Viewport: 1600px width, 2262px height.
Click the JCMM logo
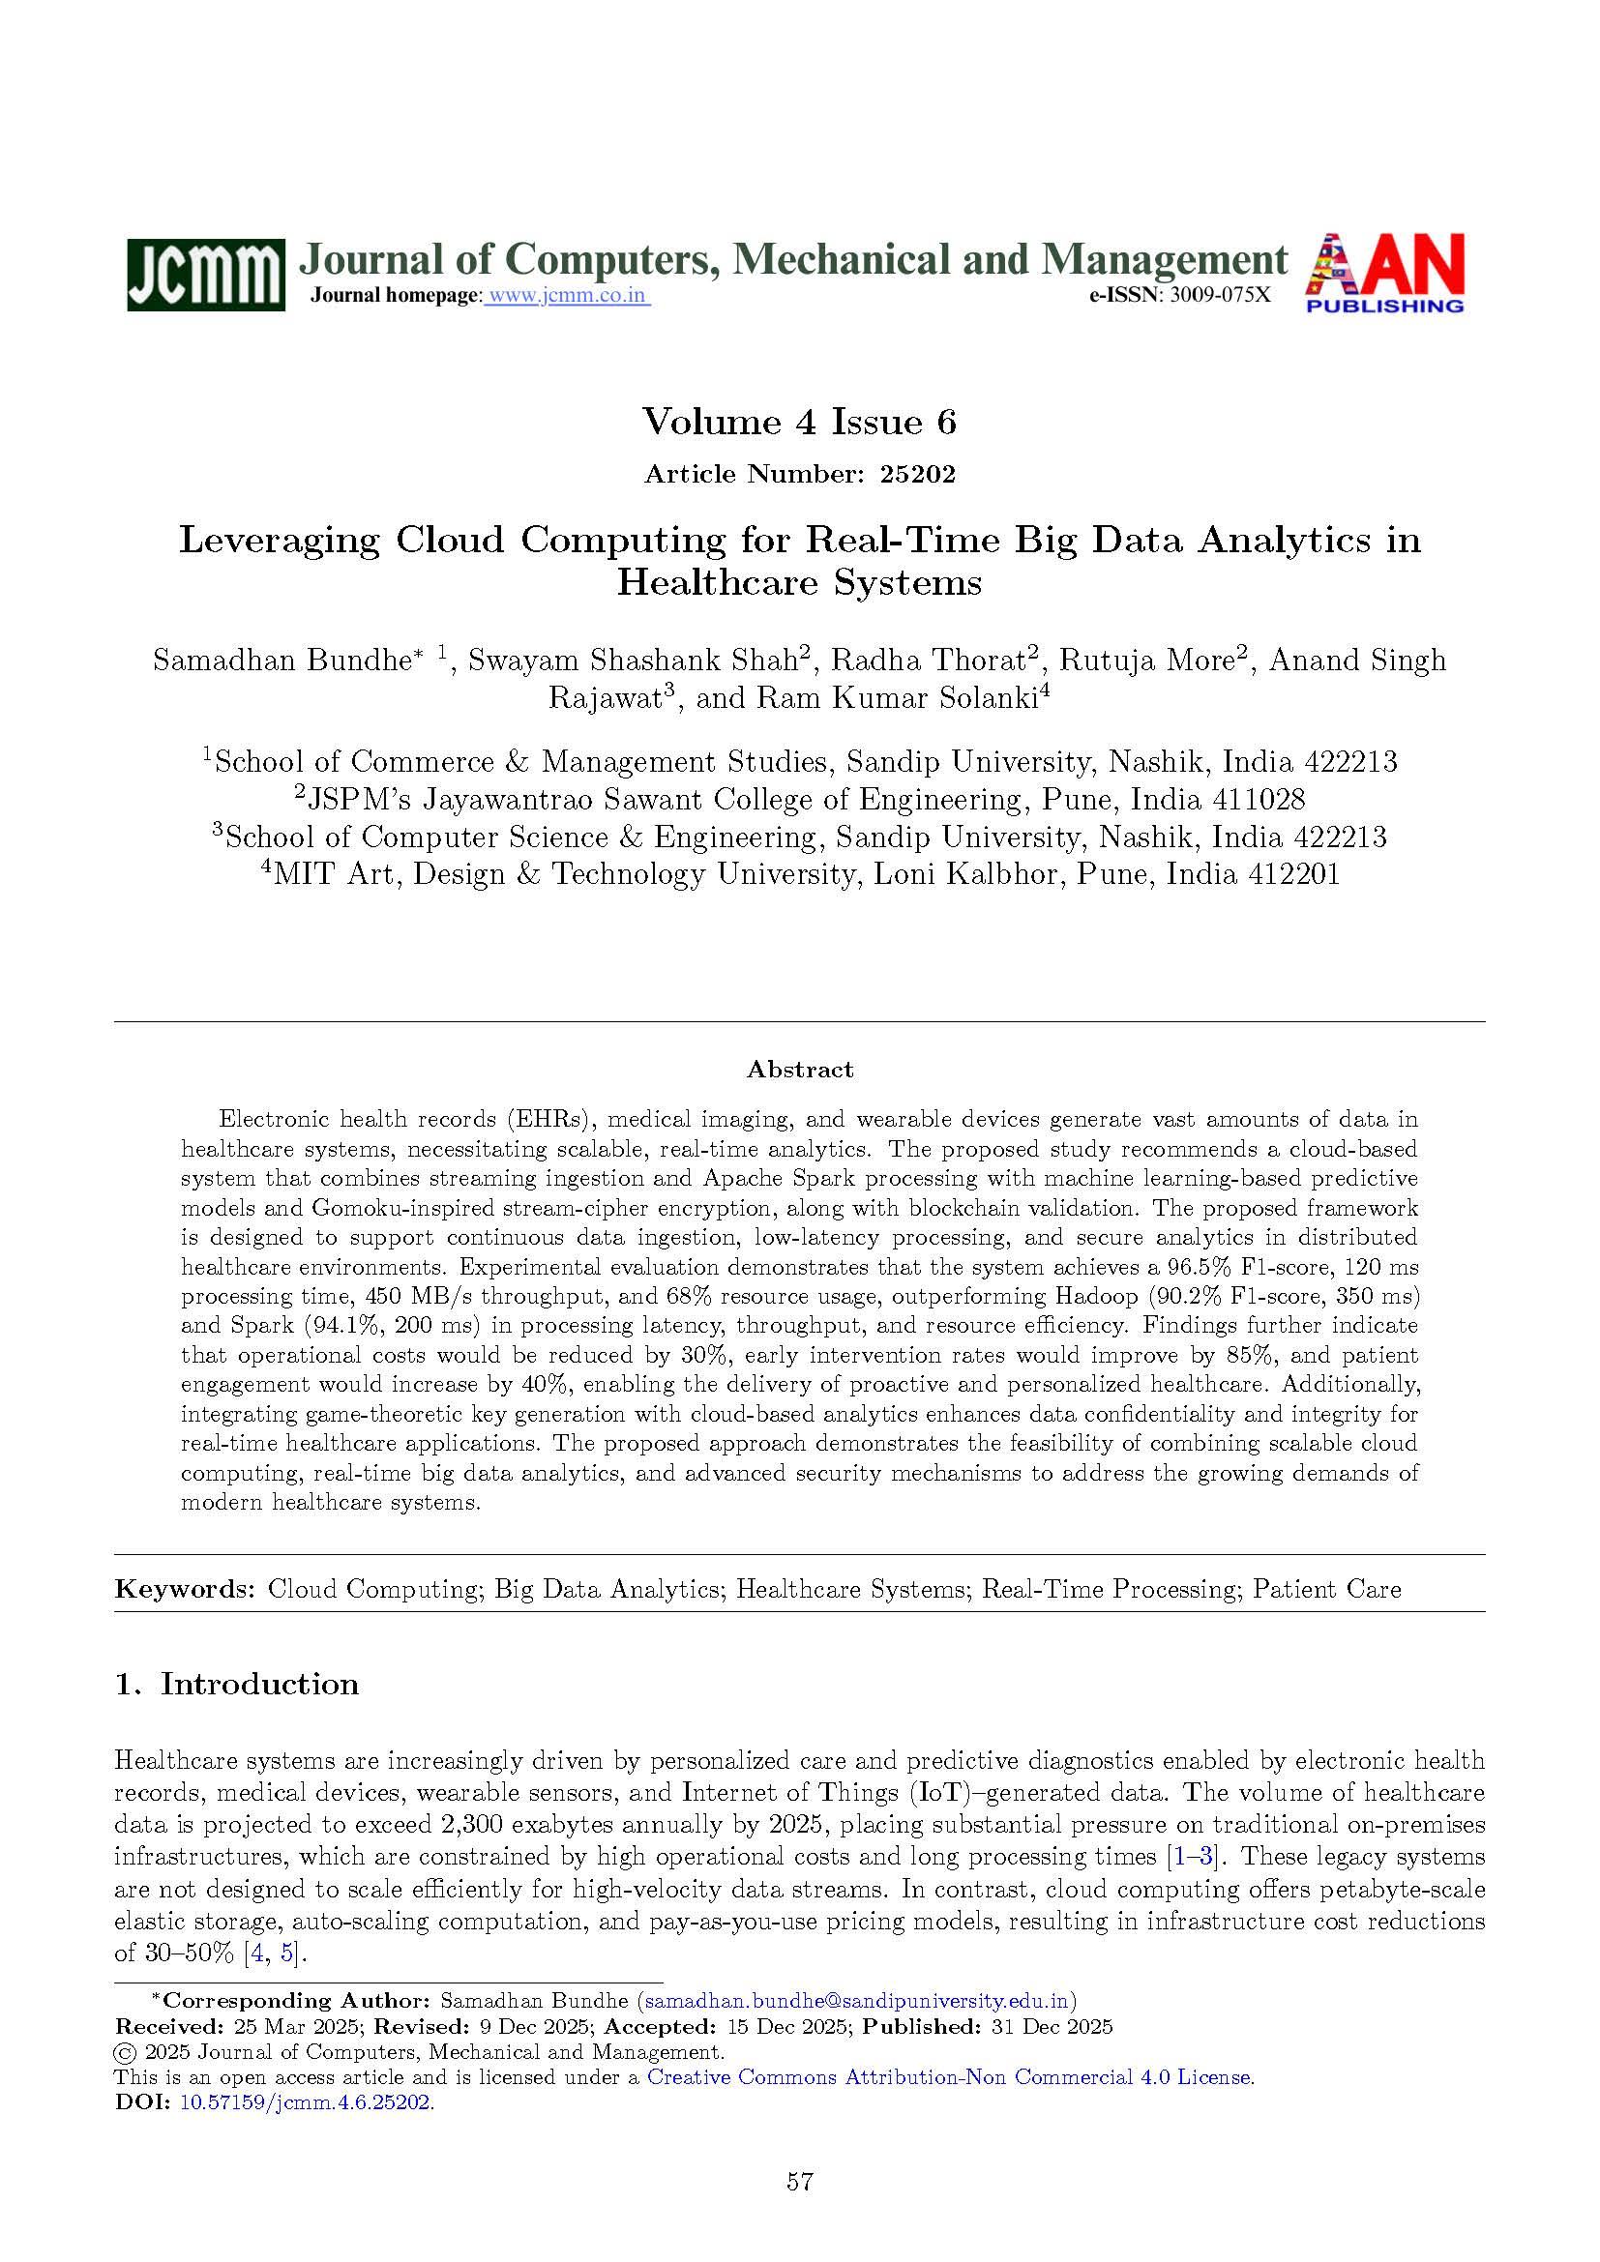205,274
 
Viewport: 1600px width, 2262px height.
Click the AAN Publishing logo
1384,273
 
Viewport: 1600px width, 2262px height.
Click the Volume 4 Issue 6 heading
799,422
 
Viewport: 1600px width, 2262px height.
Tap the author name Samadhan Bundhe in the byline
281,661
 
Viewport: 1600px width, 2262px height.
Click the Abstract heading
799,1069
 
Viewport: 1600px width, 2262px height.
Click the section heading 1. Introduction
236,1684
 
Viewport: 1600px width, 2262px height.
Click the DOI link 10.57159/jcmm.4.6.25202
305,2101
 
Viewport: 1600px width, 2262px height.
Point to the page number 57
799,2181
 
